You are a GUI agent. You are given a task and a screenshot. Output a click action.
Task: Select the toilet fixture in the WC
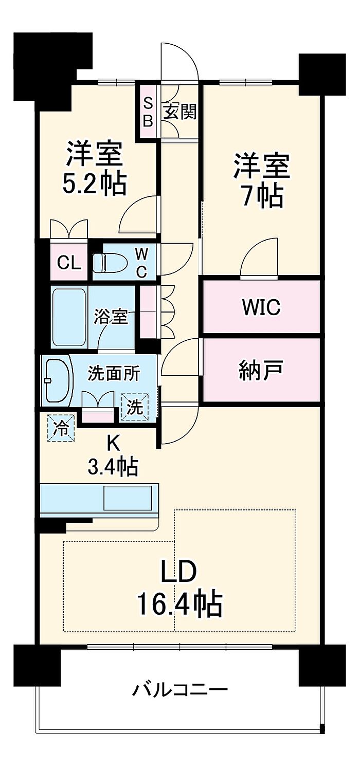pos(110,263)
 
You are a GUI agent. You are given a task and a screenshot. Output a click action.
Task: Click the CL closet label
pos(69,263)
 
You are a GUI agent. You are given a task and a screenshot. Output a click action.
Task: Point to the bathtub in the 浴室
pos(69,318)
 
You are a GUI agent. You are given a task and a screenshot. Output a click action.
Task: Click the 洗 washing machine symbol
pos(135,407)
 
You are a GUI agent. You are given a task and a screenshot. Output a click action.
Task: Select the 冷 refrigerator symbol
pos(61,428)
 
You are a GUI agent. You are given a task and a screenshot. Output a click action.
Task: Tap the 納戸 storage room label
pos(261,370)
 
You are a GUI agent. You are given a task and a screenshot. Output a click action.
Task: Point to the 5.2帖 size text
pos(95,185)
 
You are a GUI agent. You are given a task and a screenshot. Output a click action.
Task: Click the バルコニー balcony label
pos(180,689)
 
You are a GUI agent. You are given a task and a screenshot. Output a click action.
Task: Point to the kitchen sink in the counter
pos(128,498)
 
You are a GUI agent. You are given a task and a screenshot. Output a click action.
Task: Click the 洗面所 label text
pos(114,373)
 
